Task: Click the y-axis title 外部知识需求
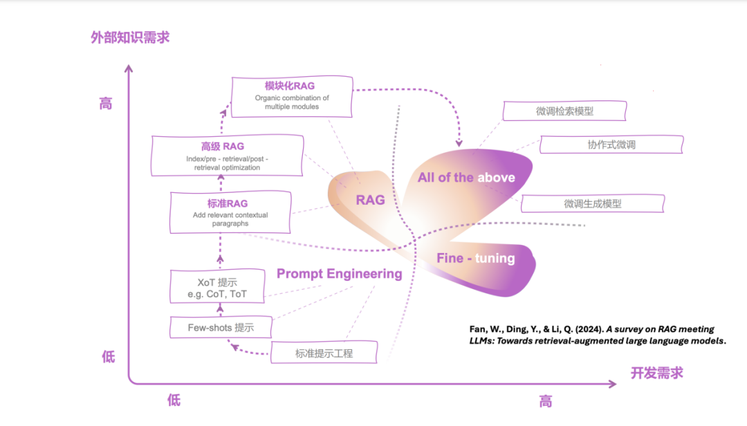click(130, 37)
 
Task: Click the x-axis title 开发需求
click(656, 373)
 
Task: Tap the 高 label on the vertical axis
click(105, 104)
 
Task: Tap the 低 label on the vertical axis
click(109, 357)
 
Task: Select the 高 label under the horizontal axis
click(546, 401)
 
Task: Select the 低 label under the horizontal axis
click(174, 400)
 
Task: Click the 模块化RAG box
click(292, 96)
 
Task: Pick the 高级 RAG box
click(227, 156)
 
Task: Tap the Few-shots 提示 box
click(221, 327)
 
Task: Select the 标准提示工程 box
click(324, 353)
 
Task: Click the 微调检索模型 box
click(564, 111)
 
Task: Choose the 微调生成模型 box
click(592, 203)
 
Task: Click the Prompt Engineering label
click(339, 274)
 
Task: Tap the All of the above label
click(466, 178)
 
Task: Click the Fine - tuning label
click(475, 258)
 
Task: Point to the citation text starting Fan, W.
click(591, 335)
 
